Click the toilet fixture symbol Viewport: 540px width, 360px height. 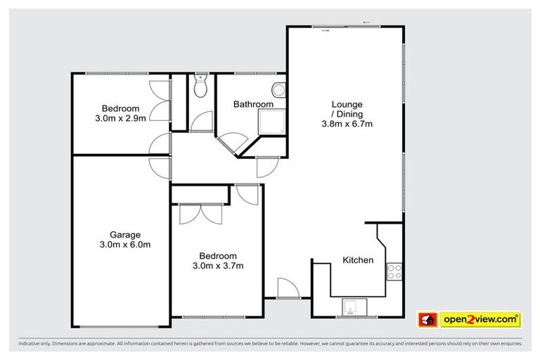(x=200, y=89)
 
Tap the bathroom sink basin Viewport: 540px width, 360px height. (x=279, y=90)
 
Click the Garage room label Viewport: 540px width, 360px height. (x=124, y=235)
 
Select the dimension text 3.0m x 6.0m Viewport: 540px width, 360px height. (x=124, y=245)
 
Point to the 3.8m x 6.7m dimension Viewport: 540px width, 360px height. (x=347, y=124)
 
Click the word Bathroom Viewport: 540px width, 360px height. (x=253, y=105)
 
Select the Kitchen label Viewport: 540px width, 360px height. (x=358, y=260)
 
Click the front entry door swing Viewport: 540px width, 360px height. (x=288, y=287)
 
